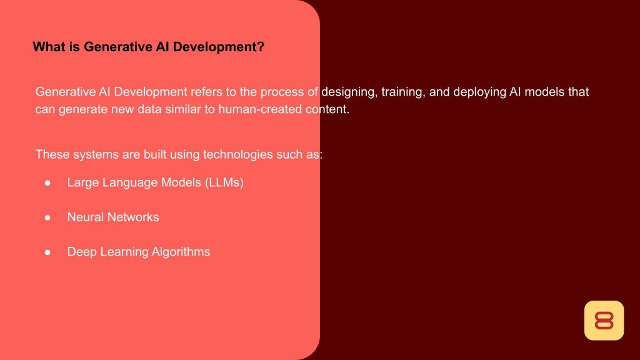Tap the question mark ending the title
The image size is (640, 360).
pos(261,46)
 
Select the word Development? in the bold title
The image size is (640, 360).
pos(218,47)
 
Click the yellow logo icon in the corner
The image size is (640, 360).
pos(604,321)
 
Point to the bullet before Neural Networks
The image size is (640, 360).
pos(47,217)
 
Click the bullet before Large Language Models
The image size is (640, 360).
pos(47,183)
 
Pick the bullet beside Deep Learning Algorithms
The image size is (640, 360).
pos(47,252)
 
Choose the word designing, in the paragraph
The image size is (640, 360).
pos(349,92)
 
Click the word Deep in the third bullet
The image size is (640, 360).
pos(82,252)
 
